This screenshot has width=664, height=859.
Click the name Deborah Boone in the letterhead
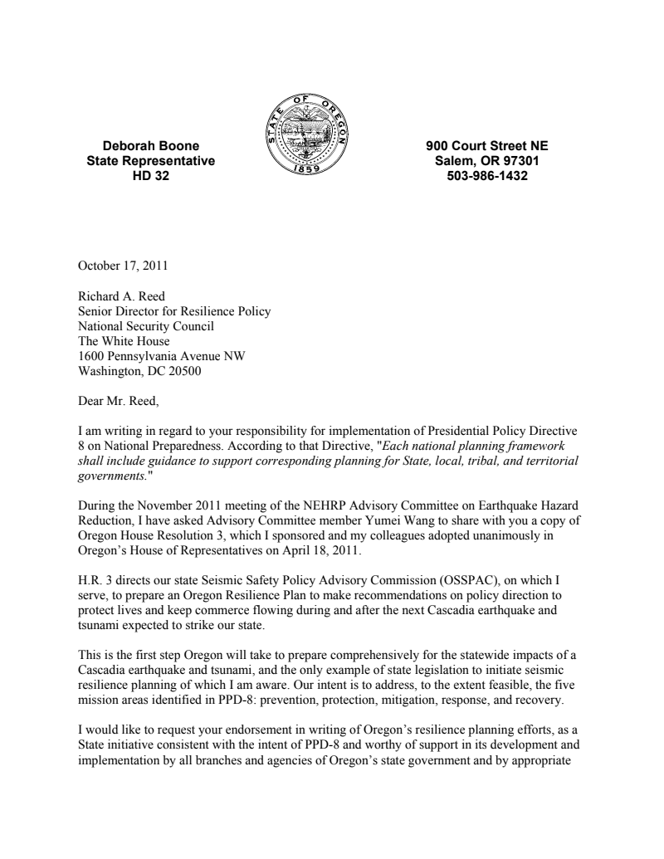point(150,147)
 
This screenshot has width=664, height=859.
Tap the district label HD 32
point(150,176)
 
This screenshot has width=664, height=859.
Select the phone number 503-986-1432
point(486,176)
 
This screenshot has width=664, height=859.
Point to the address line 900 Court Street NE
point(486,147)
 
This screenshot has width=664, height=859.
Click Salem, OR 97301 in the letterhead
point(486,161)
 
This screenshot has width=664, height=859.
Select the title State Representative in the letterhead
point(150,161)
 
